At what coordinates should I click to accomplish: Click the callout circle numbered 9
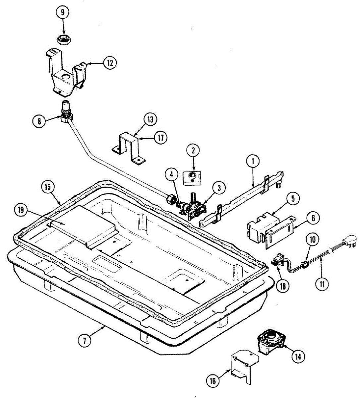[62, 13]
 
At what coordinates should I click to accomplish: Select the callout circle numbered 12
[110, 62]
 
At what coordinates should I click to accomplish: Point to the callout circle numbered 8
[40, 121]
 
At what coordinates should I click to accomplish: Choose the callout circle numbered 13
[150, 119]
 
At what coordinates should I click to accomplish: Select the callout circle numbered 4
[172, 175]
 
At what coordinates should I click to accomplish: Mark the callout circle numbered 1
[253, 162]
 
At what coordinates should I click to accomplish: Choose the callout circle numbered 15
[48, 187]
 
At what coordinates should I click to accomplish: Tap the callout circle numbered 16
[213, 381]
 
